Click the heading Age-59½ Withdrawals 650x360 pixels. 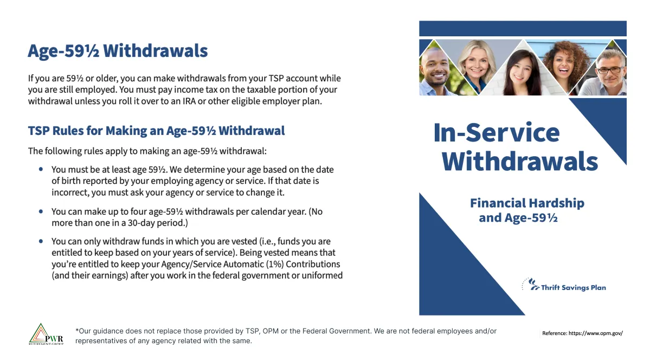118,51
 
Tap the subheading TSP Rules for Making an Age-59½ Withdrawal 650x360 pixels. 156,131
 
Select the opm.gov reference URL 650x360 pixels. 596,333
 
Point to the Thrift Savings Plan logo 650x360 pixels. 564,285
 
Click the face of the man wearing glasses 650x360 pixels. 610,72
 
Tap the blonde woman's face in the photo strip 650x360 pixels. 478,63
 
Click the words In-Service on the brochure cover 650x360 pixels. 496,133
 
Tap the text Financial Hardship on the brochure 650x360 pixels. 527,203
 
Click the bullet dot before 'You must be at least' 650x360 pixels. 41,169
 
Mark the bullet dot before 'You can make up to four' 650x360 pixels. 41,211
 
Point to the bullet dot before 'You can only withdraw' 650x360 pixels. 41,241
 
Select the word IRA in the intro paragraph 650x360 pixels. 189,101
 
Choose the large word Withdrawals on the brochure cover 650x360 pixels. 520,162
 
